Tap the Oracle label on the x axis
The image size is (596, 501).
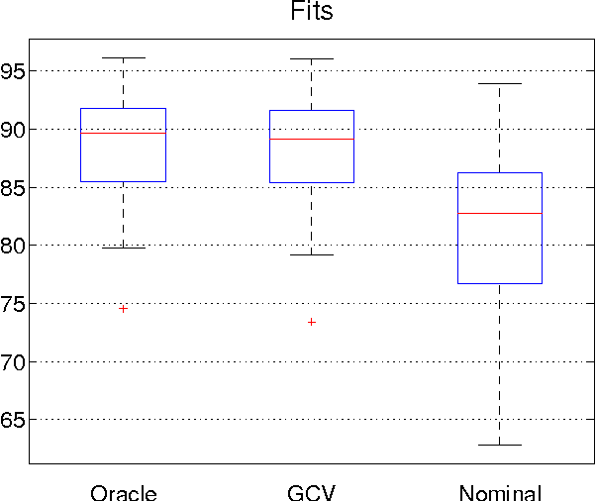click(124, 492)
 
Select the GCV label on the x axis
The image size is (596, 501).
click(312, 492)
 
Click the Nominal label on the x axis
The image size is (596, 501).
click(500, 492)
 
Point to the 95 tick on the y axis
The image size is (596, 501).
click(13, 71)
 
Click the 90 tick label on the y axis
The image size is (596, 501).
click(13, 130)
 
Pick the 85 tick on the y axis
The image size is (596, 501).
click(13, 187)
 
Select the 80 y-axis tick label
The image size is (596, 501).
click(13, 246)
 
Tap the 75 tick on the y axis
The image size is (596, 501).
click(13, 304)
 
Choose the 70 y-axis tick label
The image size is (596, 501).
click(13, 362)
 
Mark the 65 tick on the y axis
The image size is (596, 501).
click(13, 420)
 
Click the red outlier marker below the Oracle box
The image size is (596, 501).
click(124, 308)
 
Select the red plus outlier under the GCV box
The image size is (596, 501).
click(312, 322)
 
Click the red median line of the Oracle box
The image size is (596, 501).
click(124, 133)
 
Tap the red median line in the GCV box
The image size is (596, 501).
click(312, 139)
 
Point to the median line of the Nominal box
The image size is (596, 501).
click(500, 213)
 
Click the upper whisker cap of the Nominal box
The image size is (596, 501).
click(500, 84)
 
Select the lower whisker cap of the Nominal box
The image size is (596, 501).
click(500, 445)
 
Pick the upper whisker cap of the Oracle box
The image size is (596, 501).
click(124, 57)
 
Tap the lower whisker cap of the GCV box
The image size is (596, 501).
click(312, 254)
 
